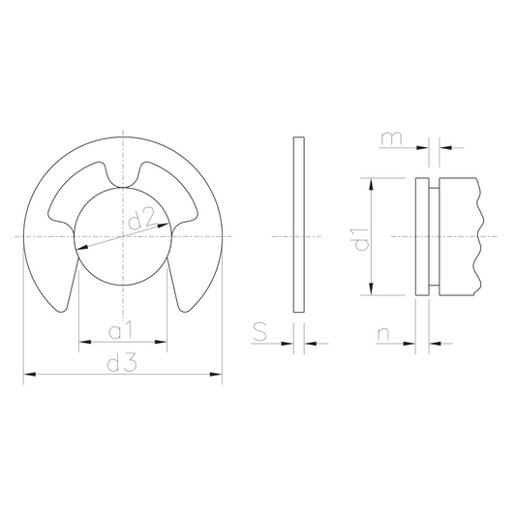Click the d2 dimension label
point(141,219)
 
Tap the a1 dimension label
point(120,330)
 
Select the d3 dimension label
point(121,363)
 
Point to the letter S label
point(259,331)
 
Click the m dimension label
point(391,138)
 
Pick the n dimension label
point(383,334)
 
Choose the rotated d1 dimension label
point(361,239)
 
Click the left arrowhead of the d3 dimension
point(29,374)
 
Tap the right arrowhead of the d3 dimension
point(216,374)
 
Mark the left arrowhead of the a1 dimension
point(85,342)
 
